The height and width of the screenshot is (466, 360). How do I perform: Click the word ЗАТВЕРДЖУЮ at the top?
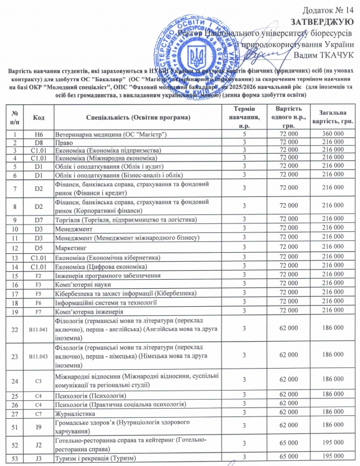click(321, 22)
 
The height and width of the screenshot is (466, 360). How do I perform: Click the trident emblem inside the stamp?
click(197, 56)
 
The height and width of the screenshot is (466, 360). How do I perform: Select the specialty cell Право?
click(64, 143)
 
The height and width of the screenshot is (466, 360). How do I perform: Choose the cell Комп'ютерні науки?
click(82, 284)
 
